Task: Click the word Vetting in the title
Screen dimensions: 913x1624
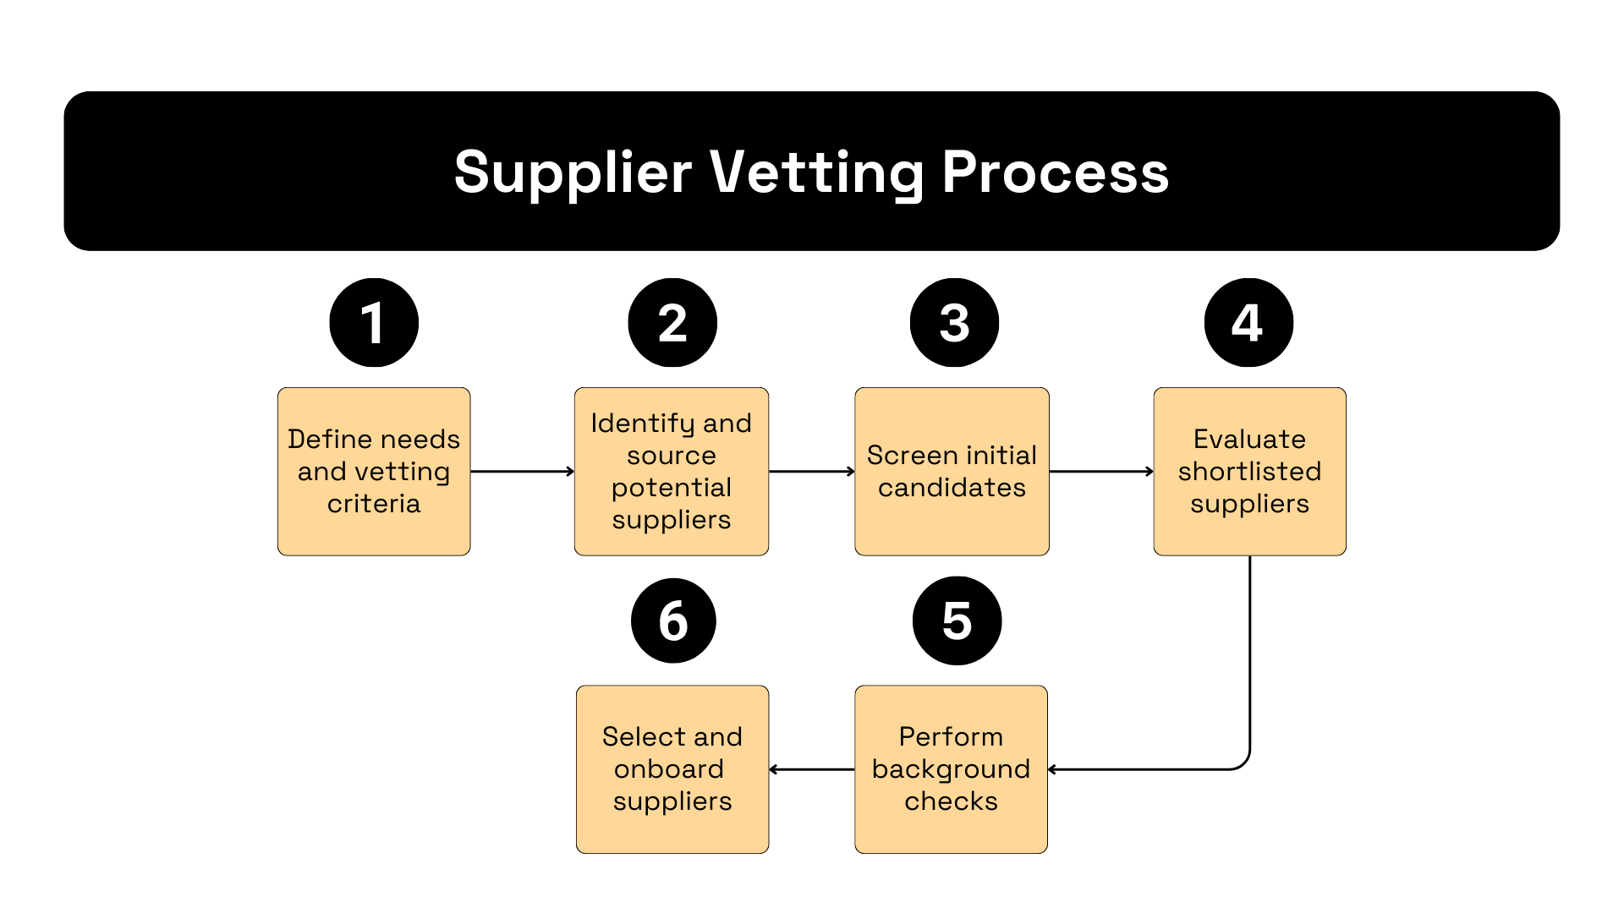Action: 816,172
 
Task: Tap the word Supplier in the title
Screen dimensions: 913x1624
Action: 573,172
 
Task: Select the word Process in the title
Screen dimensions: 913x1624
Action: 1055,172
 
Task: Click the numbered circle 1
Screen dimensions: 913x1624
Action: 374,323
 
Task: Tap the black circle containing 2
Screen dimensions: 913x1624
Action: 672,323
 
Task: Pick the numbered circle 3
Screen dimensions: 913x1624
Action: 954,323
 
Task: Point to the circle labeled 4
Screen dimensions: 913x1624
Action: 1248,323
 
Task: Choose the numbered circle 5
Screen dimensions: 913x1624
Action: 957,621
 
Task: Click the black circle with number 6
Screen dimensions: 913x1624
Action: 673,621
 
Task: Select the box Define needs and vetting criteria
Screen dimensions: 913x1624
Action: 374,472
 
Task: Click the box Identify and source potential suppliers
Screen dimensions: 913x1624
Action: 672,472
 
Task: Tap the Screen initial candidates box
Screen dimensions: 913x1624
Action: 952,472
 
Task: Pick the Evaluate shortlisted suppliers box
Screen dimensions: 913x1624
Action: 1249,472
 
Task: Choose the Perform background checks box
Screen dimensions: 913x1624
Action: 951,769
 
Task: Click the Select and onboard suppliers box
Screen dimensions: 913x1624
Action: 672,769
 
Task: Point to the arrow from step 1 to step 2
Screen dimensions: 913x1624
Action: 522,472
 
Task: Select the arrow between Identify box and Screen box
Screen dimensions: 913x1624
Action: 811,472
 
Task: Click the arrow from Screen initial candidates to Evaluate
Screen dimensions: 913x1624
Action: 1101,472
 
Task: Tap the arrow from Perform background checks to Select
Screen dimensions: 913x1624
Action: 812,769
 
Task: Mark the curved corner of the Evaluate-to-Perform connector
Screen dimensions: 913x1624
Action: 1243,763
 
